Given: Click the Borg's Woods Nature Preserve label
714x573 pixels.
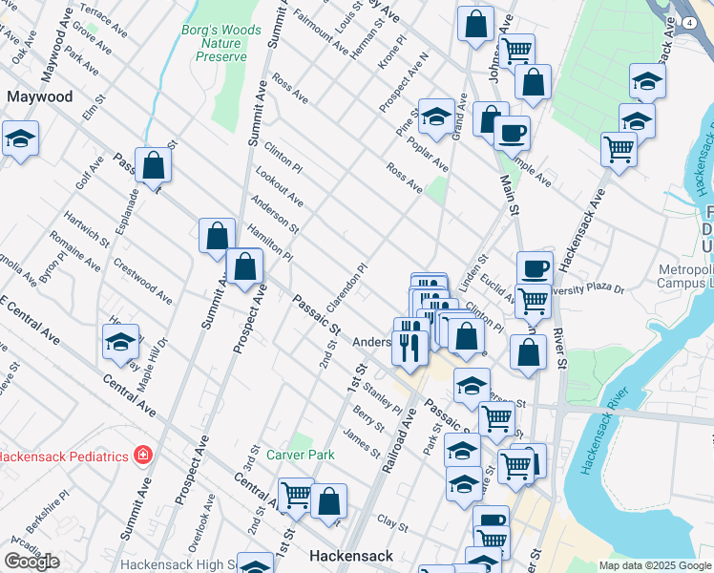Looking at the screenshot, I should coord(221,43).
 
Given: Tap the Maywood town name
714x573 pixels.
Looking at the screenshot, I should coord(39,96).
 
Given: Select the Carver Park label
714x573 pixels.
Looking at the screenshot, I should coord(301,455).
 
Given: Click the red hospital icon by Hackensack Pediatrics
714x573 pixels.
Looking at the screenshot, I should coord(143,456).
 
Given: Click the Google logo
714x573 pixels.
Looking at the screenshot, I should coord(31,562).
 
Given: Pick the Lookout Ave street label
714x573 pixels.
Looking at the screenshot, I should coord(279,187).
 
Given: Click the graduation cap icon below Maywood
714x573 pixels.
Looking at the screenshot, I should coord(20,140).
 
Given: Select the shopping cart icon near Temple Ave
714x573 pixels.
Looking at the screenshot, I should coord(619,149).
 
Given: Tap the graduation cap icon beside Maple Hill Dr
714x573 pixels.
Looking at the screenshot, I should coord(121,342).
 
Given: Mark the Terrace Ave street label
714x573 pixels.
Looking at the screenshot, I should coord(103,19).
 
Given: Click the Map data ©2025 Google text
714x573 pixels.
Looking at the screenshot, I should coord(655,565).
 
